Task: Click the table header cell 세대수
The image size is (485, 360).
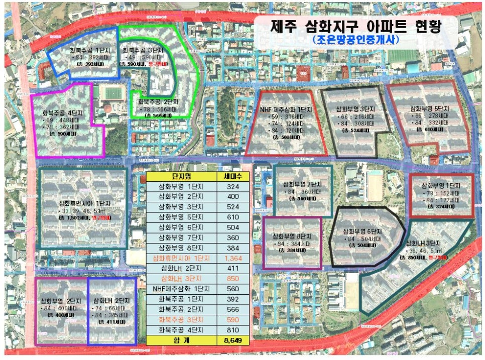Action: [x=232, y=177]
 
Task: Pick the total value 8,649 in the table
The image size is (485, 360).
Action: [x=232, y=340]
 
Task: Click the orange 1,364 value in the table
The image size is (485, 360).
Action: [x=232, y=258]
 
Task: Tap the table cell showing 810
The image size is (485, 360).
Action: [x=232, y=330]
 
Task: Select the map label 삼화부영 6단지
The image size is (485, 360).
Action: [x=363, y=231]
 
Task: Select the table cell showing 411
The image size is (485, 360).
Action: [x=232, y=269]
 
